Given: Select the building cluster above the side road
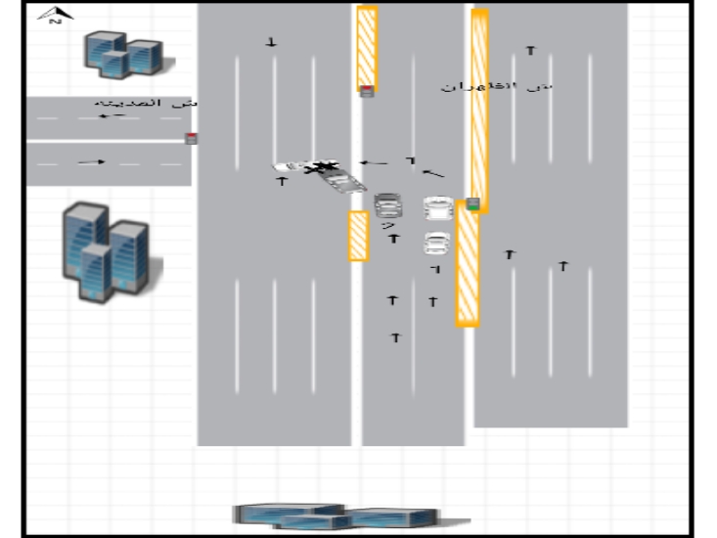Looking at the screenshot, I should pos(121,54).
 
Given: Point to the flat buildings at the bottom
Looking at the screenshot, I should pos(333,516).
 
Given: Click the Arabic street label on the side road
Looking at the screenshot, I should pos(147,103).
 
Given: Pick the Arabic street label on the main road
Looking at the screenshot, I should pos(496,87).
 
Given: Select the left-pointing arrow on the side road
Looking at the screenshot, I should pos(112,116).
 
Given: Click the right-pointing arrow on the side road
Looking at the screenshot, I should pos(91,162).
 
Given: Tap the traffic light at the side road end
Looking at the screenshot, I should pos(192,138).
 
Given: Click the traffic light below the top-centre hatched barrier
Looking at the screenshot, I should pos(367,92).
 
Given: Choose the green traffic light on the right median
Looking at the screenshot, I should pos(473,203).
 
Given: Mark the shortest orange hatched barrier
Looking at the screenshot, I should pos(359,236).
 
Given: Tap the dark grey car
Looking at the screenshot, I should pos(388,205).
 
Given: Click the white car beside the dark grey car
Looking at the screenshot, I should pos(438,207).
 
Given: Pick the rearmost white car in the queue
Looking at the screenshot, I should pos(436,243).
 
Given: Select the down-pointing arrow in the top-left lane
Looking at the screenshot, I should pos(272,42).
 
